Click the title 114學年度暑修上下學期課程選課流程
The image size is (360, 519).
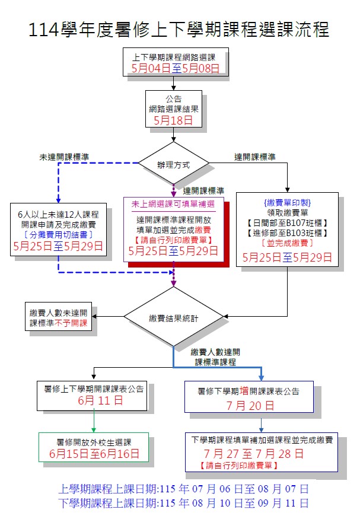180,29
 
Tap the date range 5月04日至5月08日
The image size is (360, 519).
176,69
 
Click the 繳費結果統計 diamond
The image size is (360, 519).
174,319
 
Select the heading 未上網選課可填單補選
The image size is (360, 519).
174,203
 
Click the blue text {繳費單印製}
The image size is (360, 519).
287,202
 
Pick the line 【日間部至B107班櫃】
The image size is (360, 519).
287,222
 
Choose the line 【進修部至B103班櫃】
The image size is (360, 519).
287,233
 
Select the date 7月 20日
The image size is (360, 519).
249,406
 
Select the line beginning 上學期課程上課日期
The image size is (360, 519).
183,490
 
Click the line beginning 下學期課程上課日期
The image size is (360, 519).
183,504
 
